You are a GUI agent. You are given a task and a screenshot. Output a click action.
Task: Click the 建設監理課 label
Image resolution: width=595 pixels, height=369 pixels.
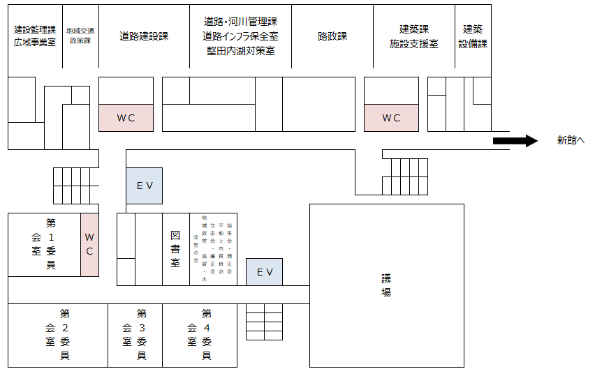click(35, 30)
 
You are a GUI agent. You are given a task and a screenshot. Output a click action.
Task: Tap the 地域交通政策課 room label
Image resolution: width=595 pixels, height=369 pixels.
click(80, 36)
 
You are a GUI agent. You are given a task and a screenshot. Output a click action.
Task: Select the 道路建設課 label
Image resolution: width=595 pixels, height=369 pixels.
click(144, 36)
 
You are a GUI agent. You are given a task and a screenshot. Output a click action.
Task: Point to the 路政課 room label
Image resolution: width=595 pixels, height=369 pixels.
click(332, 36)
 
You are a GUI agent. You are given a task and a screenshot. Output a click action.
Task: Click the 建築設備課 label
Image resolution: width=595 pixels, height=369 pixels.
click(473, 36)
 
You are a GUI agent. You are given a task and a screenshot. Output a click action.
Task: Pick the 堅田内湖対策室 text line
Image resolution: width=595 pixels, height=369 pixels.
click(240, 51)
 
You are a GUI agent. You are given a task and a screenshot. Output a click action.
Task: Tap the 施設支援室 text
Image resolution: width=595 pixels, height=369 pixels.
click(414, 44)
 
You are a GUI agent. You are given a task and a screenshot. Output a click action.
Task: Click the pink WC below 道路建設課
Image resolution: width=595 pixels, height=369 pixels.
click(126, 118)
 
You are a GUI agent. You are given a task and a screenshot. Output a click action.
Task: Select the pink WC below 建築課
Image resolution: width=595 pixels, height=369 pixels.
click(391, 118)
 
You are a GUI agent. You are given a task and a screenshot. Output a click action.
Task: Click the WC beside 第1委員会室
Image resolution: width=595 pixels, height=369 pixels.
click(89, 244)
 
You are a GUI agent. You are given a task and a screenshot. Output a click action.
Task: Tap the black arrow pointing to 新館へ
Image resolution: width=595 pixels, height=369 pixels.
click(515, 141)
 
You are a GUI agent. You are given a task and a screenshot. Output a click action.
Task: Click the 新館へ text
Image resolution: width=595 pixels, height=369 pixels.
click(570, 141)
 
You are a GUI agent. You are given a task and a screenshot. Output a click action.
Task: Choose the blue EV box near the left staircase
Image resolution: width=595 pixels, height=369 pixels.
click(144, 186)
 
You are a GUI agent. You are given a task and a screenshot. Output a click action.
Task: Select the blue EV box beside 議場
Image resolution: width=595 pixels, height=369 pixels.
click(264, 271)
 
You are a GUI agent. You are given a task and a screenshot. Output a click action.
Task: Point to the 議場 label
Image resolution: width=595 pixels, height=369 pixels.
click(385, 285)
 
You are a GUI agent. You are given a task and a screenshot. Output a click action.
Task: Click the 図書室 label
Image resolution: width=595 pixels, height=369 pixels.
click(175, 249)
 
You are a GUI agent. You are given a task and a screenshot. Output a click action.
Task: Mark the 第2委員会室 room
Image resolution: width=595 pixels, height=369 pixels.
click(58, 335)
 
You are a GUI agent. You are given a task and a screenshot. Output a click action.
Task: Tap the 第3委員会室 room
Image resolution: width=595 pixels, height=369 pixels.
click(135, 335)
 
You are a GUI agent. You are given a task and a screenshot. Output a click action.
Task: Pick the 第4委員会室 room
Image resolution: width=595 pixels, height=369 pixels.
click(199, 335)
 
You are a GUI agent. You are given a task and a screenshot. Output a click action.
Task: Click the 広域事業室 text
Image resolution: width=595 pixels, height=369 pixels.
click(35, 43)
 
